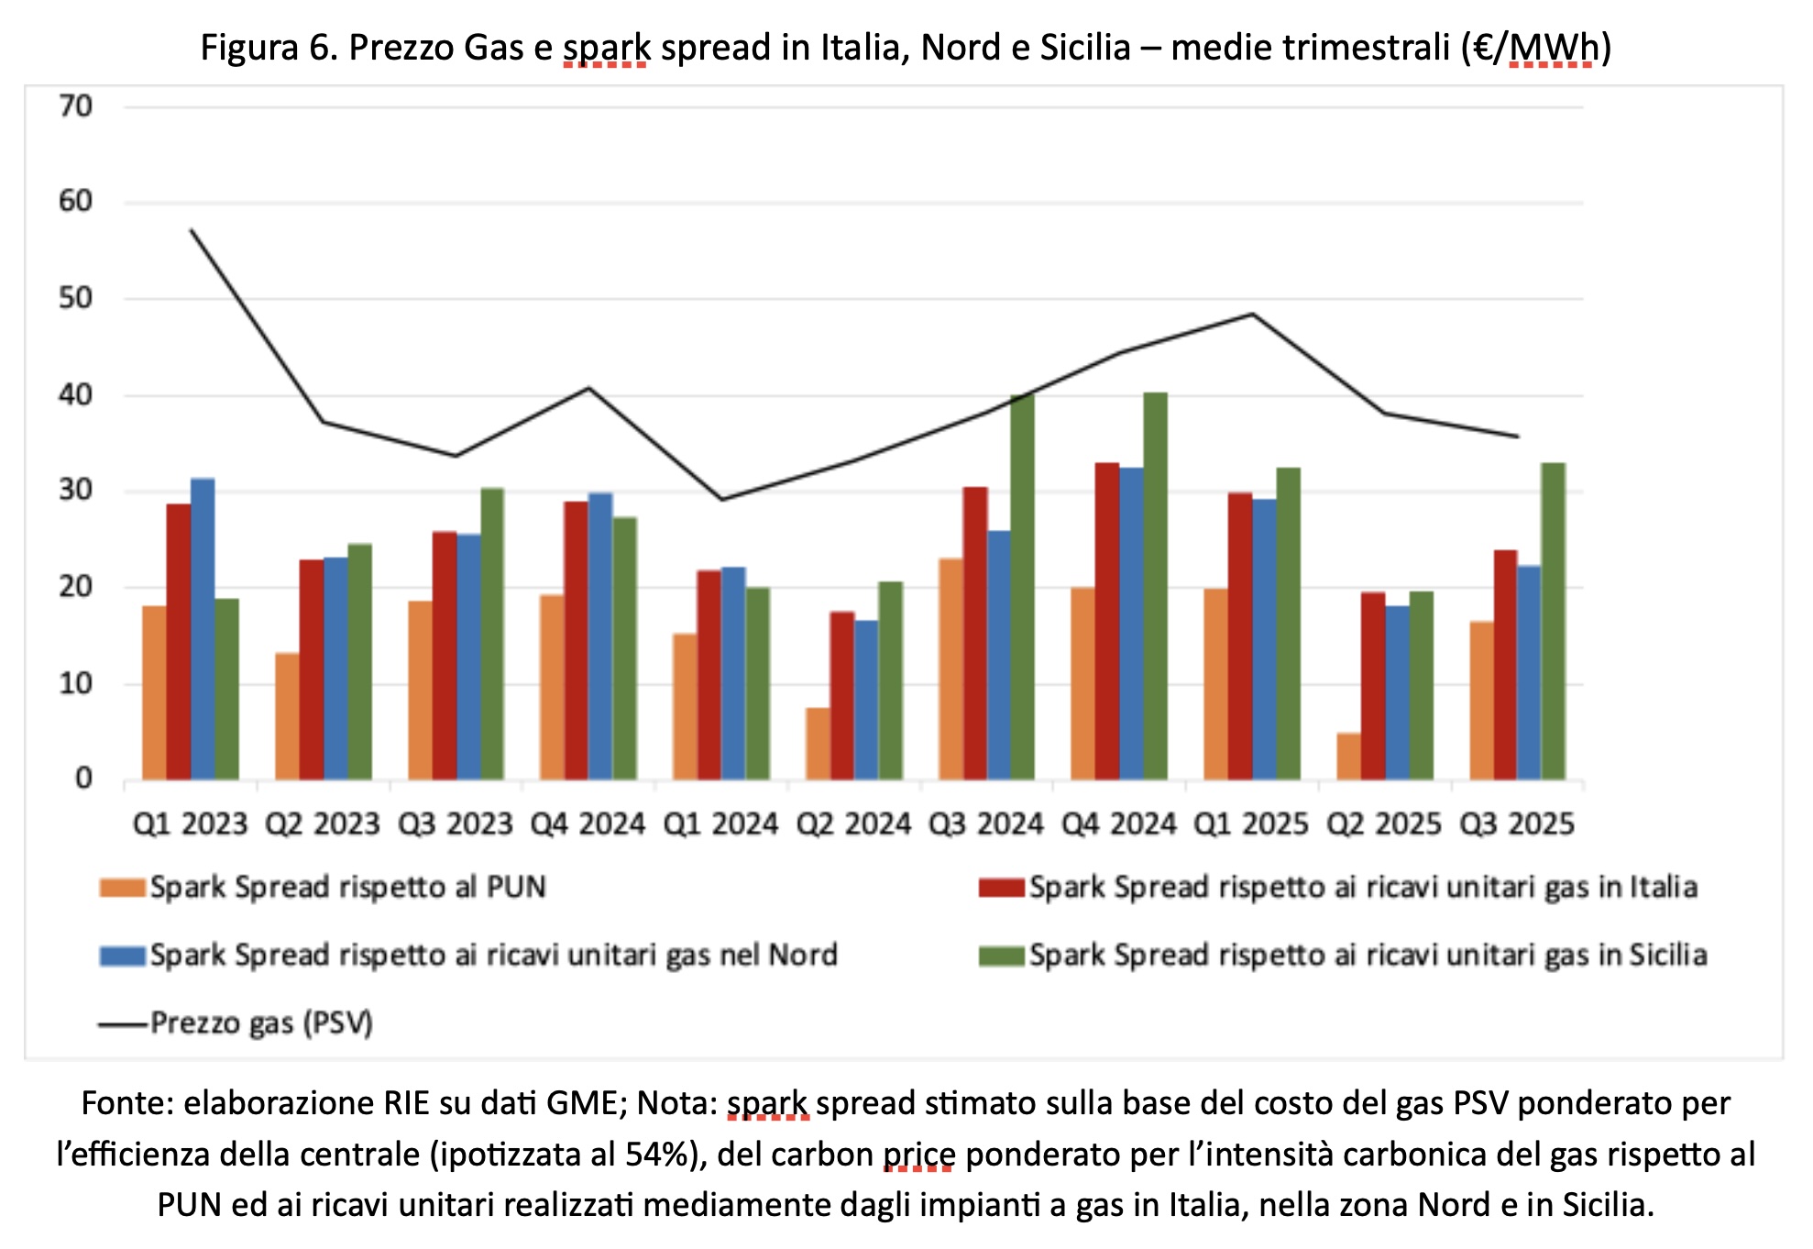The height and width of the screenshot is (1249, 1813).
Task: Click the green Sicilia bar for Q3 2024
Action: point(1022,587)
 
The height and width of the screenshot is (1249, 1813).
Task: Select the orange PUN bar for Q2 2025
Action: point(1347,757)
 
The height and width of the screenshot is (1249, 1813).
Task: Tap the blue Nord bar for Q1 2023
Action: point(203,629)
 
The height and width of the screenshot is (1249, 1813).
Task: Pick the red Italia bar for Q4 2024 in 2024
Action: point(1107,622)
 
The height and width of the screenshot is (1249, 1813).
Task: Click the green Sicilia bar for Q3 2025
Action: point(1553,622)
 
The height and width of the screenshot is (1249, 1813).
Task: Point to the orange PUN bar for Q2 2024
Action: point(818,744)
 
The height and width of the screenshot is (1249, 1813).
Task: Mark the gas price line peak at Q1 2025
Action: point(1252,315)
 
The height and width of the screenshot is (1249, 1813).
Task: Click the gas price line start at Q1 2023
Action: point(191,230)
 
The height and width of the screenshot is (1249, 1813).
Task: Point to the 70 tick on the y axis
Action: point(76,106)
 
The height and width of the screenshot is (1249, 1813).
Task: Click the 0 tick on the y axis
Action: point(83,779)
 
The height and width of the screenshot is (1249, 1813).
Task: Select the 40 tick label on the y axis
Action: point(76,395)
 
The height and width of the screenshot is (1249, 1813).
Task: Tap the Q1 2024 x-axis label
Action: point(720,824)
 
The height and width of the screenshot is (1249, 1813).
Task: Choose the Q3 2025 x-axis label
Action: point(1516,824)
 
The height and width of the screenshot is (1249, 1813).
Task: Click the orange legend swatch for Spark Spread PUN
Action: point(123,888)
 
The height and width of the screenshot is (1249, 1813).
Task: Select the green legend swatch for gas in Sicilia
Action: point(1001,956)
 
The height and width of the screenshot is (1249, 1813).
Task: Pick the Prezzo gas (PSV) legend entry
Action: point(261,1023)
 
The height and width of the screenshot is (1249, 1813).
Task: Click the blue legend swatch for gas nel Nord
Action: point(123,956)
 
